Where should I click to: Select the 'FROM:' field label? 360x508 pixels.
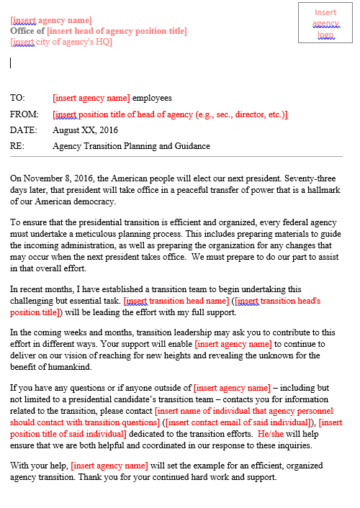(24, 114)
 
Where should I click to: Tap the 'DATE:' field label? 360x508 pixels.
(23, 130)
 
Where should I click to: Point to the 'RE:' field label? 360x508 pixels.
(17, 146)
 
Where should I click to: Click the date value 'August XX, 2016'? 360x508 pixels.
(85, 130)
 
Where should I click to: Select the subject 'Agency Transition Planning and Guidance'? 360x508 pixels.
(131, 146)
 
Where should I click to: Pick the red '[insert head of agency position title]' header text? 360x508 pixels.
(117, 31)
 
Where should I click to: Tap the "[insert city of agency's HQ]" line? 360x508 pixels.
(61, 41)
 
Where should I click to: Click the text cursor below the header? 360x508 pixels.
(11, 63)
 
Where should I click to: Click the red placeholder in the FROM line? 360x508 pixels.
(170, 114)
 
